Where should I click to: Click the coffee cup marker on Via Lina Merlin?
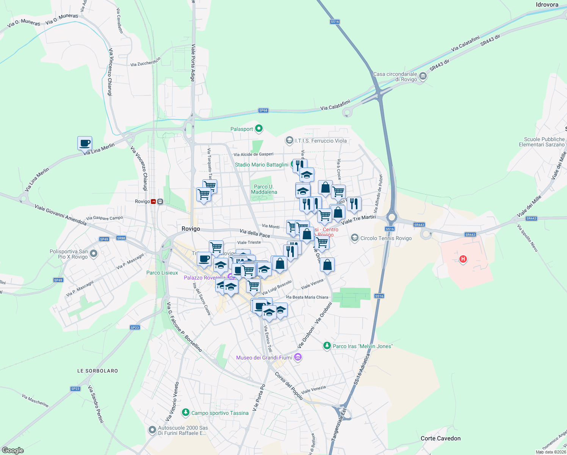[85, 144]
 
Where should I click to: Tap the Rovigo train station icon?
[157, 201]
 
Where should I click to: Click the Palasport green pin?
[259, 129]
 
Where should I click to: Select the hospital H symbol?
[462, 259]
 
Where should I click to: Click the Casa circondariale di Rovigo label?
[395, 77]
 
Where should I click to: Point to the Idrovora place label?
[547, 5]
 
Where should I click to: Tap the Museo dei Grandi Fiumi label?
[264, 358]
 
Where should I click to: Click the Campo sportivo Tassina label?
[220, 413]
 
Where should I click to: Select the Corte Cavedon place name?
[440, 438]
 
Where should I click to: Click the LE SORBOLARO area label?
[97, 371]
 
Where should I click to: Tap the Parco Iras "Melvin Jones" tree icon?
[327, 346]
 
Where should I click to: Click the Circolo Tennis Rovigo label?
[386, 238]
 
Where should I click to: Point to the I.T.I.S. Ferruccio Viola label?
[321, 141]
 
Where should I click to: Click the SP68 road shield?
[263, 110]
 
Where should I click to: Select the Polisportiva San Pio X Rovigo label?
[69, 254]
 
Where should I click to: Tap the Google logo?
[13, 450]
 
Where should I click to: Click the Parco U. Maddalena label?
[264, 189]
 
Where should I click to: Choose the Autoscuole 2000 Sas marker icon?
[152, 430]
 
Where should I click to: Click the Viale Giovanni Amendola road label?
[60, 215]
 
